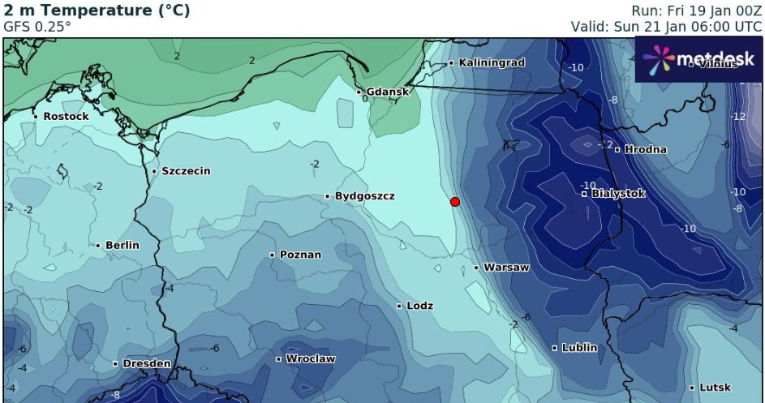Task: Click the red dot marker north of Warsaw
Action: coord(455,201)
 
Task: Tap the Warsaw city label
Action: coord(505,268)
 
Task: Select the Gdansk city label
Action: coord(387,92)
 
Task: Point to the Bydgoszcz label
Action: coord(364,196)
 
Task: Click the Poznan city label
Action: coord(300,255)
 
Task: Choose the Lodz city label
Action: coord(419,306)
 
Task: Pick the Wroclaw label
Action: coord(310,358)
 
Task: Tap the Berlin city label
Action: coord(122,245)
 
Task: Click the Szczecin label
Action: coord(186,171)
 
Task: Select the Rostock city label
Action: coord(66,116)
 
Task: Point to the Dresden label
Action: coord(146,364)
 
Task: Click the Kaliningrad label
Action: coord(492,62)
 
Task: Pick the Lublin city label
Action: coord(579,348)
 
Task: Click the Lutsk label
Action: coord(715,388)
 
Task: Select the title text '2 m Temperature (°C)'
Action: coord(97,11)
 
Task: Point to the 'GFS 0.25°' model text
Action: coord(37,26)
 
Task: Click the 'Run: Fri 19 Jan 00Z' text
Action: coord(696,11)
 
